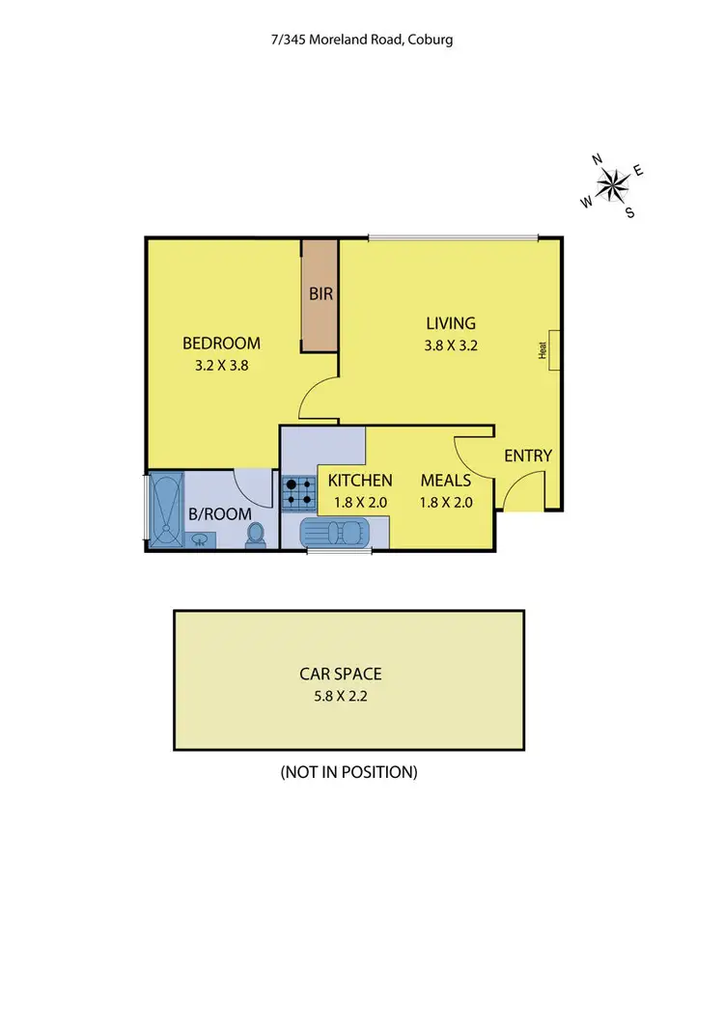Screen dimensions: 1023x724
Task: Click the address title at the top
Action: pos(362,40)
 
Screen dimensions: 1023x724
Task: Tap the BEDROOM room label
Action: pos(222,344)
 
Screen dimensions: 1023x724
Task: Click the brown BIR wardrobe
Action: pos(320,294)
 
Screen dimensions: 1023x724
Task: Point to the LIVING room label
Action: pos(451,323)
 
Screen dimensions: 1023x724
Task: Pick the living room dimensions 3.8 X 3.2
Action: pos(451,345)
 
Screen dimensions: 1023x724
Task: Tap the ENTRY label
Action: pos(528,456)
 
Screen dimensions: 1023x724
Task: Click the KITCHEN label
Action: pos(360,481)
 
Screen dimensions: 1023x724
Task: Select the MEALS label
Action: pos(445,481)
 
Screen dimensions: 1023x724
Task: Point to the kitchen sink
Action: pos(333,533)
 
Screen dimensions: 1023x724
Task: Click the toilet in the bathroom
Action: pos(256,535)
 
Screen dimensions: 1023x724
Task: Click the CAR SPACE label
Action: pos(348,674)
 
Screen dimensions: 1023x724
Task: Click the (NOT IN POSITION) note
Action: pos(348,772)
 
